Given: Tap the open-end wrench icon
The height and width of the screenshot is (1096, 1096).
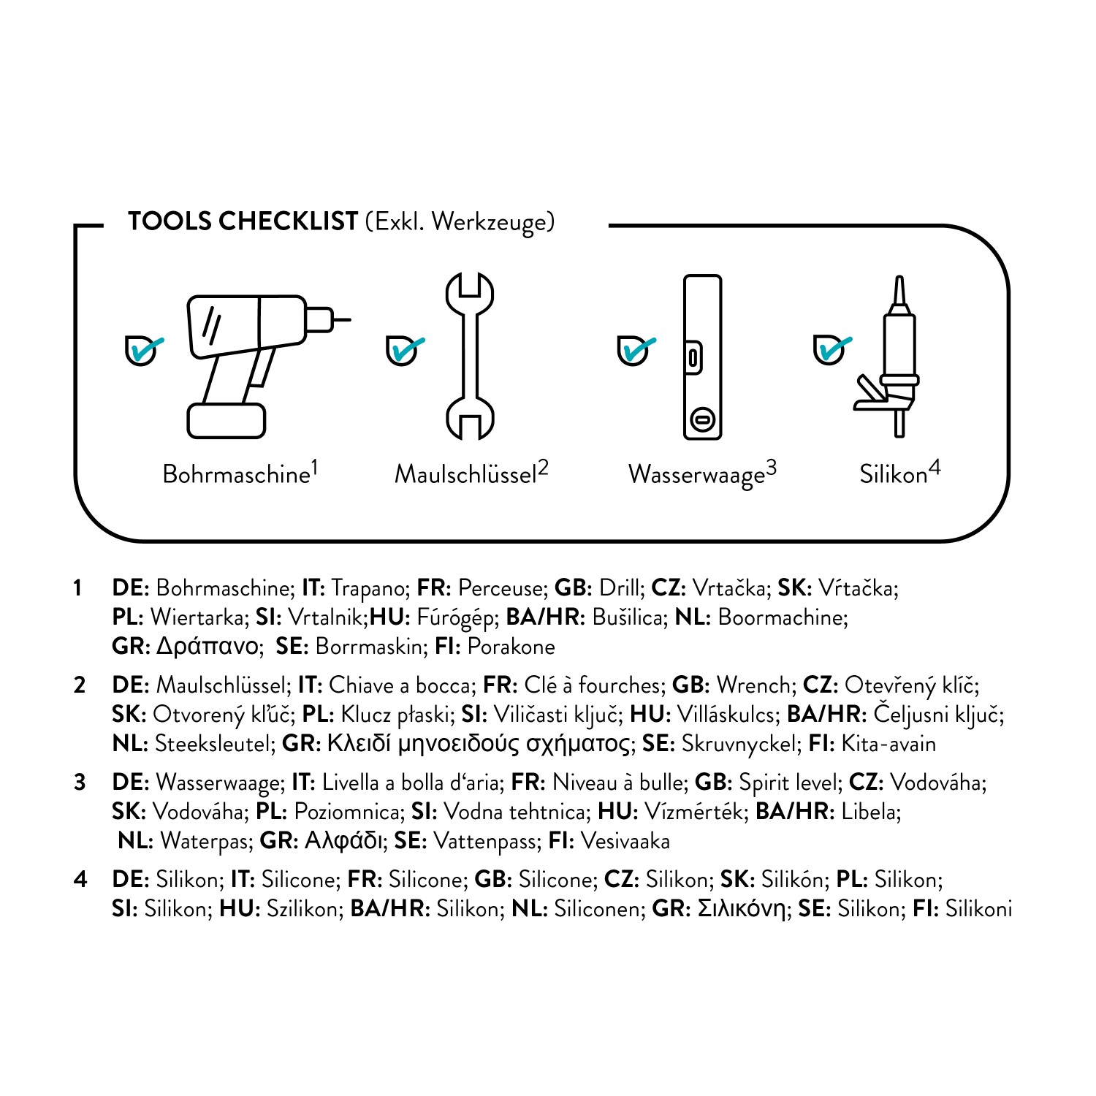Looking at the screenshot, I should click(470, 357).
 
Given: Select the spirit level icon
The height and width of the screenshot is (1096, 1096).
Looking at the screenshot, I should click(702, 357).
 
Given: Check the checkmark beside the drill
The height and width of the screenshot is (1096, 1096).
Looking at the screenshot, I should click(143, 351).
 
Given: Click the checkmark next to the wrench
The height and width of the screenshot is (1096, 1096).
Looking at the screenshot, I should click(403, 351).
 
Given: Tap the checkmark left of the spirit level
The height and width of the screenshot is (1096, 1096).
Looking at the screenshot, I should click(635, 351).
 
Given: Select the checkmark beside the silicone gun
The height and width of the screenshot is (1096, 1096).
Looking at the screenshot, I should click(831, 349).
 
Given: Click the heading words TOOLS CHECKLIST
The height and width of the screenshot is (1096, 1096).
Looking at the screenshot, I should click(243, 221).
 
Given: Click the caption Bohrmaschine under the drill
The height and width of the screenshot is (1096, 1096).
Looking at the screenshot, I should click(236, 475).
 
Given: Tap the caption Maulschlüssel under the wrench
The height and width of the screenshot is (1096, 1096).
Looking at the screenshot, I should click(465, 475).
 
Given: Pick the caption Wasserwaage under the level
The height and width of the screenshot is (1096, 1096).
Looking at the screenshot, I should click(696, 475).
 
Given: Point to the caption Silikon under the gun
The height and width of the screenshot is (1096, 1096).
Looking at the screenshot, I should click(893, 475).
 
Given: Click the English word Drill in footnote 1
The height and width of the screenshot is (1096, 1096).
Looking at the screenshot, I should click(620, 588).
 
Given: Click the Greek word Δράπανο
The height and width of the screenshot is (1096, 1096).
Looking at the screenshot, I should click(208, 647).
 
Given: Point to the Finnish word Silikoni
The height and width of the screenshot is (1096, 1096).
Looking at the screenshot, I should click(978, 909).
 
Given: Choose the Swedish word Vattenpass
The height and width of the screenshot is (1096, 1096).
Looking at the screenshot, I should click(487, 842).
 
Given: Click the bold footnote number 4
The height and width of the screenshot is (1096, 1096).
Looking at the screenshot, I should click(80, 880).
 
